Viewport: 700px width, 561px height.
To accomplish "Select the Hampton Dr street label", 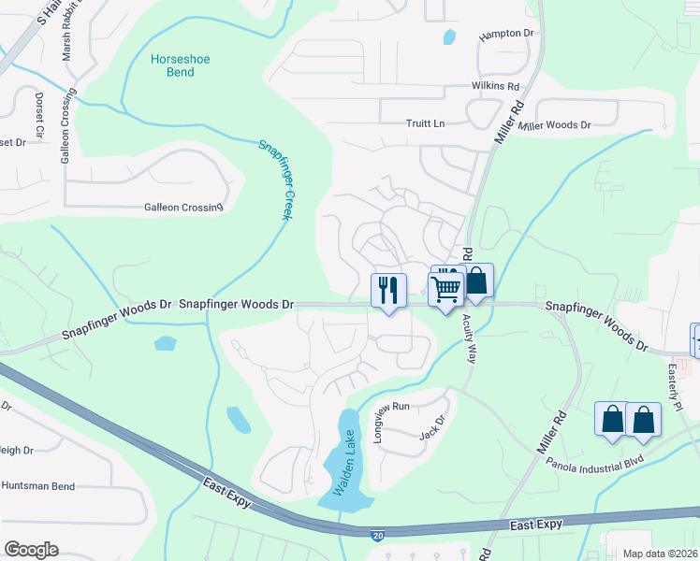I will pos(505,35).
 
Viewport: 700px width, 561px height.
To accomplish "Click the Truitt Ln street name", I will pos(425,123).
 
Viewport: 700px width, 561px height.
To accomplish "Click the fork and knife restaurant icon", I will pos(388,290).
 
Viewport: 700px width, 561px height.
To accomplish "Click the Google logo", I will pos(31,550).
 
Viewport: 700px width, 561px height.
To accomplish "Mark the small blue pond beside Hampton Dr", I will pos(449,38).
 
